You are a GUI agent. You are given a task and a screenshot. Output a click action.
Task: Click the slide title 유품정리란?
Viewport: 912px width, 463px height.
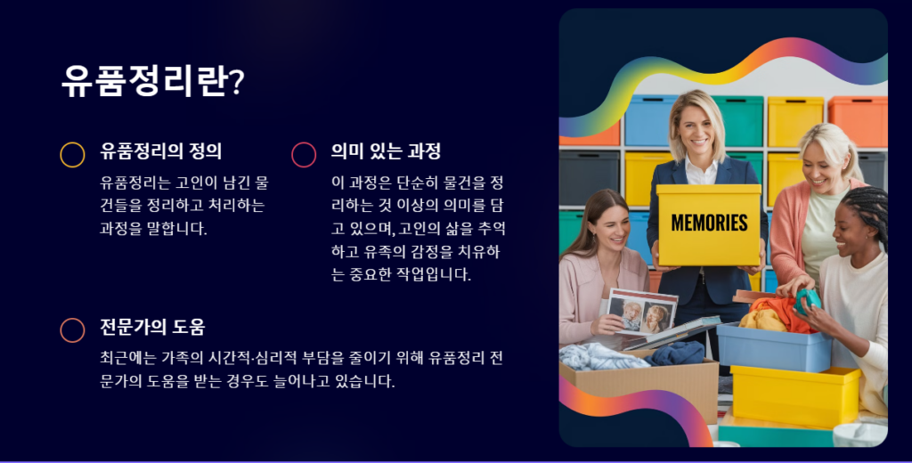(x=153, y=81)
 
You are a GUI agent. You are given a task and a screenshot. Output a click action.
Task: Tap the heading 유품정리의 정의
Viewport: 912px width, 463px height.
(x=160, y=151)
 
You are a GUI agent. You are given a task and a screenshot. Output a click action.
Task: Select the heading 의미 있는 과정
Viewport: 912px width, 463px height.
(x=386, y=151)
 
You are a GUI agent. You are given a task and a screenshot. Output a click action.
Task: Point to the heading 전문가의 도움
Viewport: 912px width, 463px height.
(x=152, y=327)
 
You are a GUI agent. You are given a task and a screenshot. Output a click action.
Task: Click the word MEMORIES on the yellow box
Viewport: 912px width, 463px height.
(x=709, y=223)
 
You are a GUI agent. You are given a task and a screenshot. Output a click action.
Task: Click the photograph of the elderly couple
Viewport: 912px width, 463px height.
(x=642, y=313)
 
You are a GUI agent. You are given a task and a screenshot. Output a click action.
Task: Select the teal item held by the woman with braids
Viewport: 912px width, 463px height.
(x=808, y=301)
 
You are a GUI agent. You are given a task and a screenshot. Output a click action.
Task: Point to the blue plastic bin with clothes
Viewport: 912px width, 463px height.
(x=774, y=347)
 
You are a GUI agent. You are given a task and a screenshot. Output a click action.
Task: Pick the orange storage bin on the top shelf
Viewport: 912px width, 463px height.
(x=858, y=122)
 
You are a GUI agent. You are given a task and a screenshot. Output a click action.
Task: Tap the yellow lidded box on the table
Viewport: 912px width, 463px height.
(x=795, y=397)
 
